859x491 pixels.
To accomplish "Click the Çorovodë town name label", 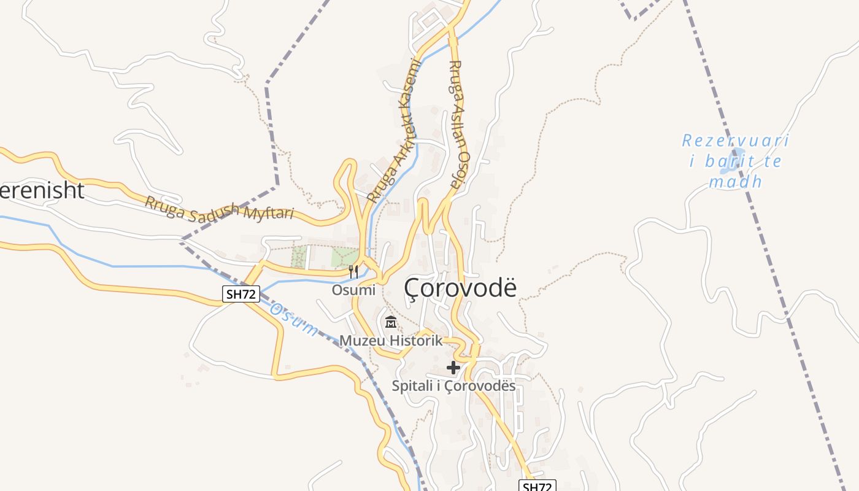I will pyautogui.click(x=461, y=288).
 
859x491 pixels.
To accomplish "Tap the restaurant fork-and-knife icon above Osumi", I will pyautogui.click(x=353, y=271).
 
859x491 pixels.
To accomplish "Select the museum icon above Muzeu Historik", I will pyautogui.click(x=390, y=322).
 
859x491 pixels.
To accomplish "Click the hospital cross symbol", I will pyautogui.click(x=453, y=368).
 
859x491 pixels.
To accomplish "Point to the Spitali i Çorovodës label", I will pyautogui.click(x=453, y=386).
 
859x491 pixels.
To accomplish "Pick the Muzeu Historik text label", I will pyautogui.click(x=391, y=341).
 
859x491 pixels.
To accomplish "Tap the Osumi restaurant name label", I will pyautogui.click(x=353, y=290).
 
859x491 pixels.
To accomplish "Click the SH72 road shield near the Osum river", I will pyautogui.click(x=241, y=294).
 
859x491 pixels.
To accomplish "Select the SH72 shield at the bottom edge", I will pyautogui.click(x=537, y=486).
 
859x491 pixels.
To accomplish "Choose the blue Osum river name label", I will pyautogui.click(x=294, y=319).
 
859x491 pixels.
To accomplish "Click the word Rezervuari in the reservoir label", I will pyautogui.click(x=735, y=141).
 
